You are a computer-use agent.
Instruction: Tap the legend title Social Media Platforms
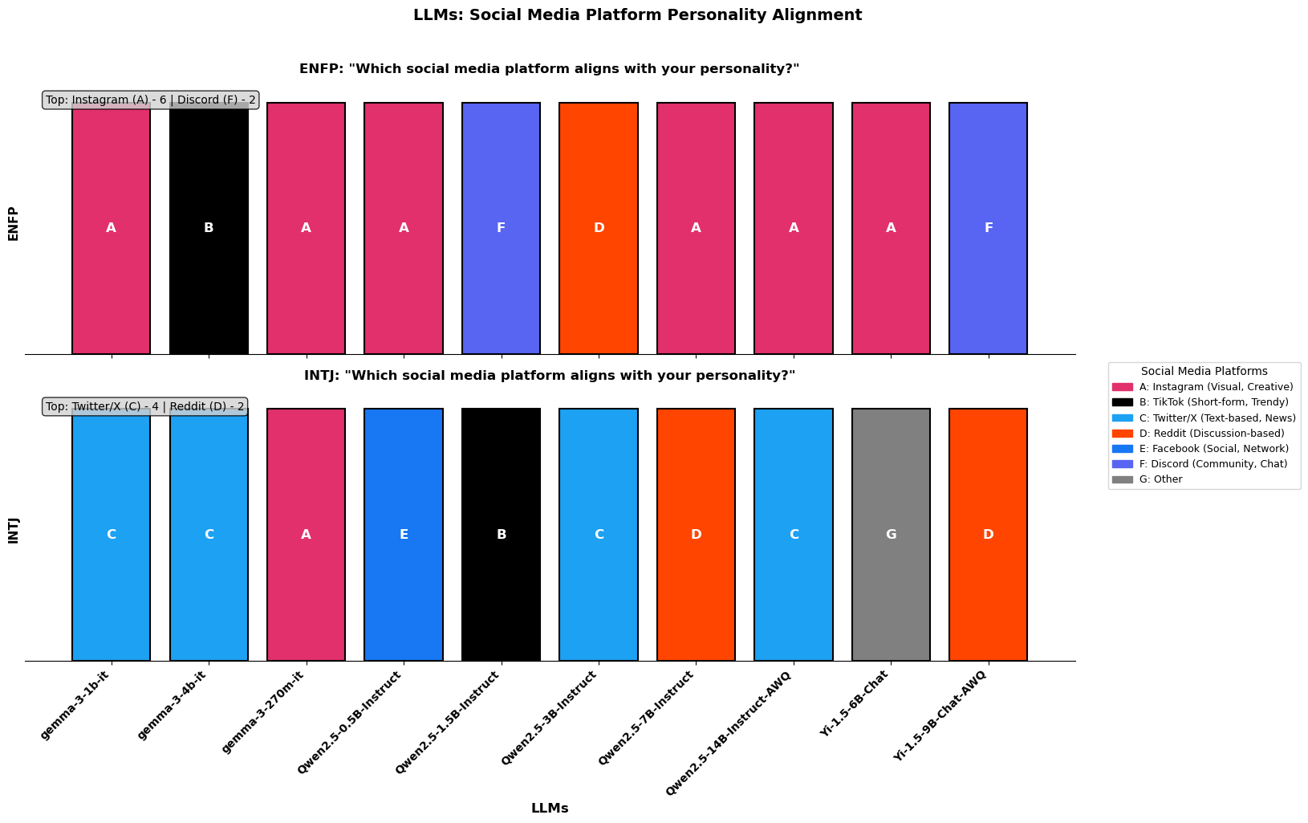click(1204, 371)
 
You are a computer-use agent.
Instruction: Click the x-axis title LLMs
click(550, 809)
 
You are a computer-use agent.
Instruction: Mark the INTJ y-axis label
click(13, 530)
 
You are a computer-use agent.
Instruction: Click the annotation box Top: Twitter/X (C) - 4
click(144, 406)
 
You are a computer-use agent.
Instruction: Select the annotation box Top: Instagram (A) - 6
click(151, 100)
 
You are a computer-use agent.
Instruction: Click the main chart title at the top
click(637, 14)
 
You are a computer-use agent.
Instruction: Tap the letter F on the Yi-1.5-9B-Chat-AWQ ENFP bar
click(989, 228)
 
